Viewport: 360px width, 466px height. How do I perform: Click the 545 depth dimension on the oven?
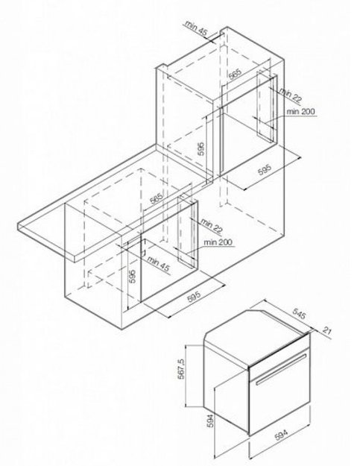pyautogui.click(x=299, y=314)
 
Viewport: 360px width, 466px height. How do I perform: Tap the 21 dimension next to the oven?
pyautogui.click(x=326, y=331)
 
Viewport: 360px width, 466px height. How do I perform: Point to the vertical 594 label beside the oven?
pyautogui.click(x=210, y=421)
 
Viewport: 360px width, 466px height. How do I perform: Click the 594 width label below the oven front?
pyautogui.click(x=281, y=435)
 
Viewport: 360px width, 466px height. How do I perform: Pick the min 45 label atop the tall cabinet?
pyautogui.click(x=195, y=29)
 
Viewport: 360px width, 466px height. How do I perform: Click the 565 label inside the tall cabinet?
pyautogui.click(x=236, y=75)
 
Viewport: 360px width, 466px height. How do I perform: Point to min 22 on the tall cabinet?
pyautogui.click(x=290, y=95)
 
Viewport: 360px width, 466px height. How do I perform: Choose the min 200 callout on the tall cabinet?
pyautogui.click(x=300, y=111)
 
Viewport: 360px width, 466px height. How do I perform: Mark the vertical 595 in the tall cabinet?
pyautogui.click(x=201, y=148)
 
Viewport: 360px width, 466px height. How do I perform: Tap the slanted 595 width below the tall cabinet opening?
pyautogui.click(x=265, y=170)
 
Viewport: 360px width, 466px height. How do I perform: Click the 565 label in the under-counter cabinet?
pyautogui.click(x=157, y=198)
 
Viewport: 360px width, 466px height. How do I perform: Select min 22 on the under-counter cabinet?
pyautogui.click(x=211, y=225)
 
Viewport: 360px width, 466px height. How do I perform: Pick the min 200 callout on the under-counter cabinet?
pyautogui.click(x=218, y=242)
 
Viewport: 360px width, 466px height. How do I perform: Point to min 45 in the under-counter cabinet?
pyautogui.click(x=158, y=264)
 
